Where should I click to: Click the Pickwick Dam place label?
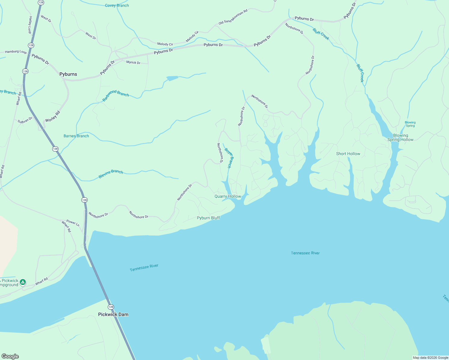[x=113, y=314]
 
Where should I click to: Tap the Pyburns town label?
[x=68, y=74]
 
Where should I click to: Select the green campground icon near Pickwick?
[x=23, y=282]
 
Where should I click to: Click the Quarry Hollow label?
[x=228, y=196]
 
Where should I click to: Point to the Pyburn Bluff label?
[x=208, y=218]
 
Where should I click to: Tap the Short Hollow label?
[x=348, y=154]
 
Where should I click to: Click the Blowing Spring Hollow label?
[x=400, y=137]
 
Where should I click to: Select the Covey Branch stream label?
[x=117, y=5]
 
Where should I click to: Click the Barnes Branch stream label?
[x=76, y=136]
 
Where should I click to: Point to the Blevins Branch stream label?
[x=111, y=174]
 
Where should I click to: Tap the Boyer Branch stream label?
[x=228, y=158]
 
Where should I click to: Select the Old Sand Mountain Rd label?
[x=233, y=17]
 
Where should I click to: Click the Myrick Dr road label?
[x=133, y=62]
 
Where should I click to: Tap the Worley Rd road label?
[x=53, y=116]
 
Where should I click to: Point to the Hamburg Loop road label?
[x=16, y=52]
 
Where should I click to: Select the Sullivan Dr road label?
[x=25, y=120]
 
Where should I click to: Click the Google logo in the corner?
[x=10, y=356]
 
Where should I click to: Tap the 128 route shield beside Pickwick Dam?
[x=111, y=307]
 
